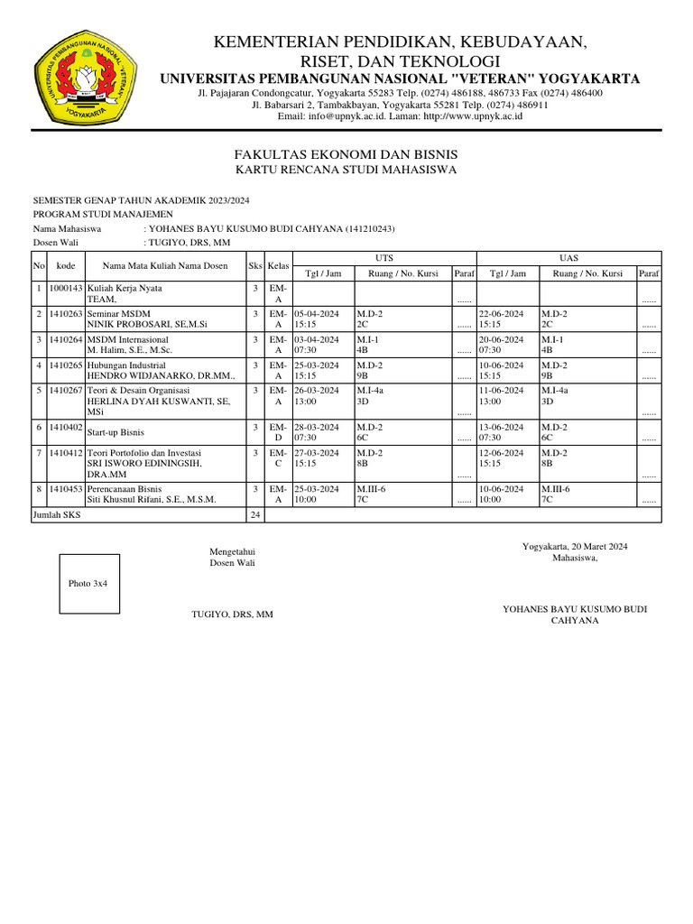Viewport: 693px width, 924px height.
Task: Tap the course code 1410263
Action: [x=66, y=313]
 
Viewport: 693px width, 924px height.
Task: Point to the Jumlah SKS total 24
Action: [x=255, y=514]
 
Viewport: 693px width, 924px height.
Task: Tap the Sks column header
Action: [x=255, y=266]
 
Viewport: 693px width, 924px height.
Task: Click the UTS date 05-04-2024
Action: [x=317, y=313]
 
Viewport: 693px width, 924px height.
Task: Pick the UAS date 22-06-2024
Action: [x=501, y=313]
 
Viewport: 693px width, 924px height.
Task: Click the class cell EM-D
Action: [x=278, y=431]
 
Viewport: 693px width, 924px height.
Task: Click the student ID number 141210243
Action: [x=370, y=229]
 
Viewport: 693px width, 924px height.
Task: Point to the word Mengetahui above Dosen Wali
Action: [x=232, y=550]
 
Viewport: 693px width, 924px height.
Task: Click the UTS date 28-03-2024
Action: [x=317, y=426]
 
